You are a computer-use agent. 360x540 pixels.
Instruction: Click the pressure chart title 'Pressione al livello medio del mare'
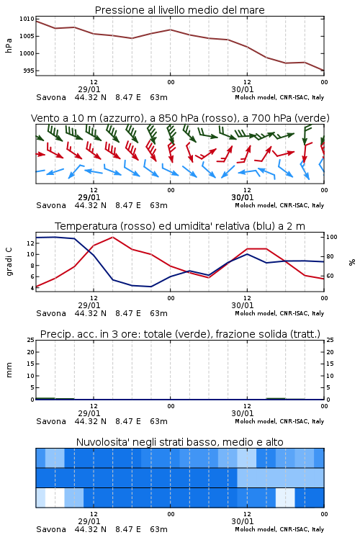coord(179,10)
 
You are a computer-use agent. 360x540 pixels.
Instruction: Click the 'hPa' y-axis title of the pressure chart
coord(9,45)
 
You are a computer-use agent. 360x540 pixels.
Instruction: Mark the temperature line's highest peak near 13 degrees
coord(112,238)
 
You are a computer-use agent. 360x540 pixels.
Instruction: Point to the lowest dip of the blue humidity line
coord(150,287)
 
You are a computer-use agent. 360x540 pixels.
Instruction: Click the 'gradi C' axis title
coord(9,261)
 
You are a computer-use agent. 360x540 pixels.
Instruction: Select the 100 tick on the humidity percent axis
coord(331,237)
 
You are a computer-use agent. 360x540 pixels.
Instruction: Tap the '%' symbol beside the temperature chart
coord(352,262)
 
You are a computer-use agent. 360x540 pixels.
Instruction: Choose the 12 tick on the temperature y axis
coord(30,243)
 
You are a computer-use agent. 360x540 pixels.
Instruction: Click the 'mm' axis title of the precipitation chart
coord(9,369)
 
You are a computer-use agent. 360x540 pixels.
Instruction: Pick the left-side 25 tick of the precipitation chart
coord(31,340)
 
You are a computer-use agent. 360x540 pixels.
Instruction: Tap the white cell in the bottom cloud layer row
coord(55,498)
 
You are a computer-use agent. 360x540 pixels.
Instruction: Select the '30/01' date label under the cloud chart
coord(243,521)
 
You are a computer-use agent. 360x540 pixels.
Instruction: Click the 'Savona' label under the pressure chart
coord(51,97)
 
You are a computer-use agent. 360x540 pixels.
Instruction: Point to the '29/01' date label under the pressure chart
coord(89,89)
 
